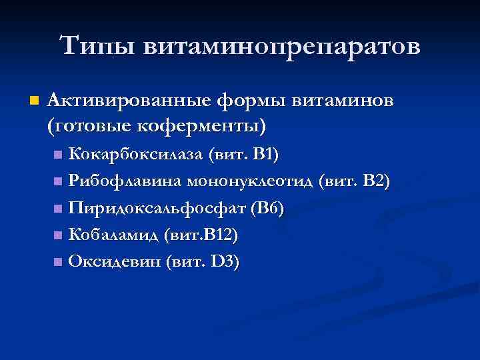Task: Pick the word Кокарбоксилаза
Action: click(x=136, y=155)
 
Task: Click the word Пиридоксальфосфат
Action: click(x=157, y=208)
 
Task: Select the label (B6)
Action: click(x=268, y=208)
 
